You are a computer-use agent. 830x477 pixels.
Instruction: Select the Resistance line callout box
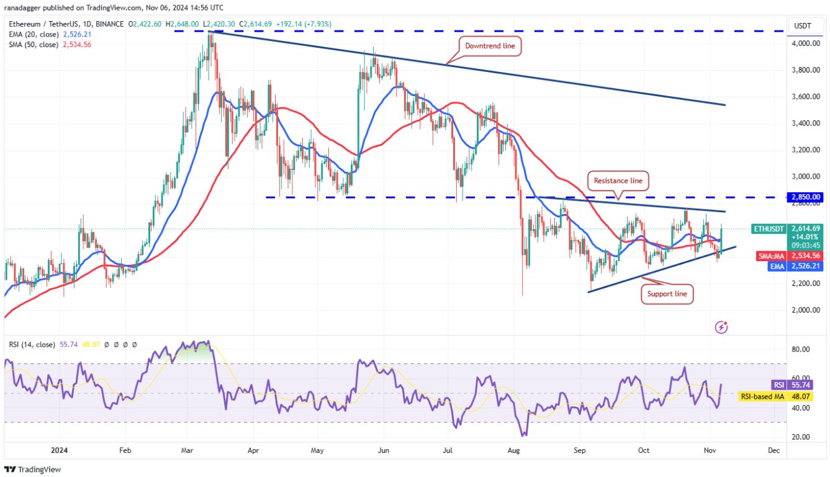click(x=618, y=181)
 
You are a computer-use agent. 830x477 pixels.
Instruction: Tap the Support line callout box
click(x=667, y=293)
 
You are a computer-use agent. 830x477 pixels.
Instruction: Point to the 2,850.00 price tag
click(x=806, y=197)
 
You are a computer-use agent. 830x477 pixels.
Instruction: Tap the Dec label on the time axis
click(x=773, y=450)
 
